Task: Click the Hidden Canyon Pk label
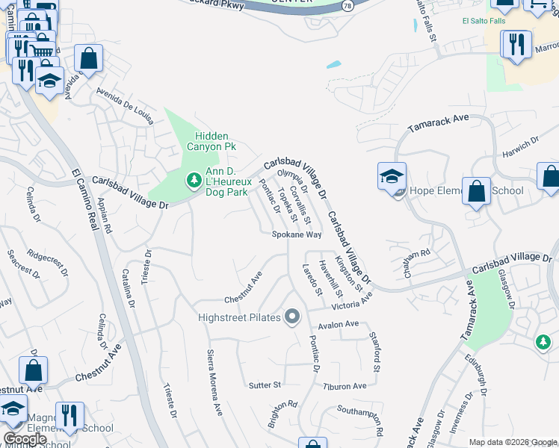pos(215,141)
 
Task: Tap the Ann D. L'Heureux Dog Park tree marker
pos(193,180)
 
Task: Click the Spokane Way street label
pos(296,234)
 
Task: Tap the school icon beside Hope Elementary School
pos(392,178)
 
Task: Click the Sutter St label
pos(265,385)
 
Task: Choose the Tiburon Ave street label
pos(345,386)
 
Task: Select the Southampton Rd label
pos(360,420)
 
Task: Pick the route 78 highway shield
pos(348,5)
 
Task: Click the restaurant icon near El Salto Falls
pos(516,46)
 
